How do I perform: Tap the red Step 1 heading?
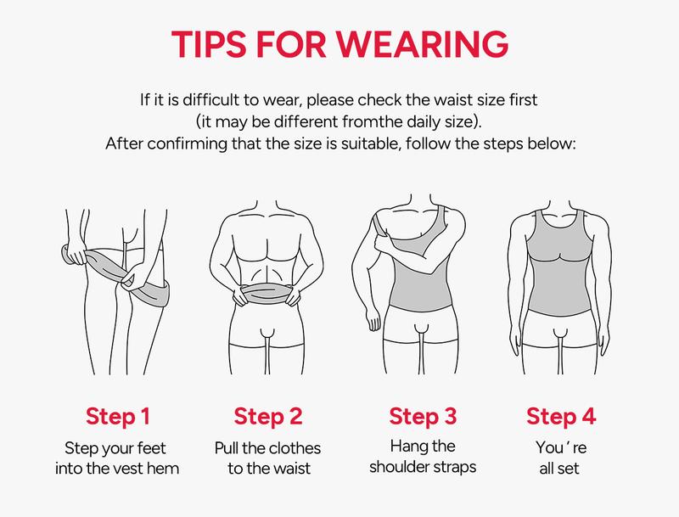coord(119,417)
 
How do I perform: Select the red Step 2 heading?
coord(268,417)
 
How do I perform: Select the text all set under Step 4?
coord(561,467)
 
